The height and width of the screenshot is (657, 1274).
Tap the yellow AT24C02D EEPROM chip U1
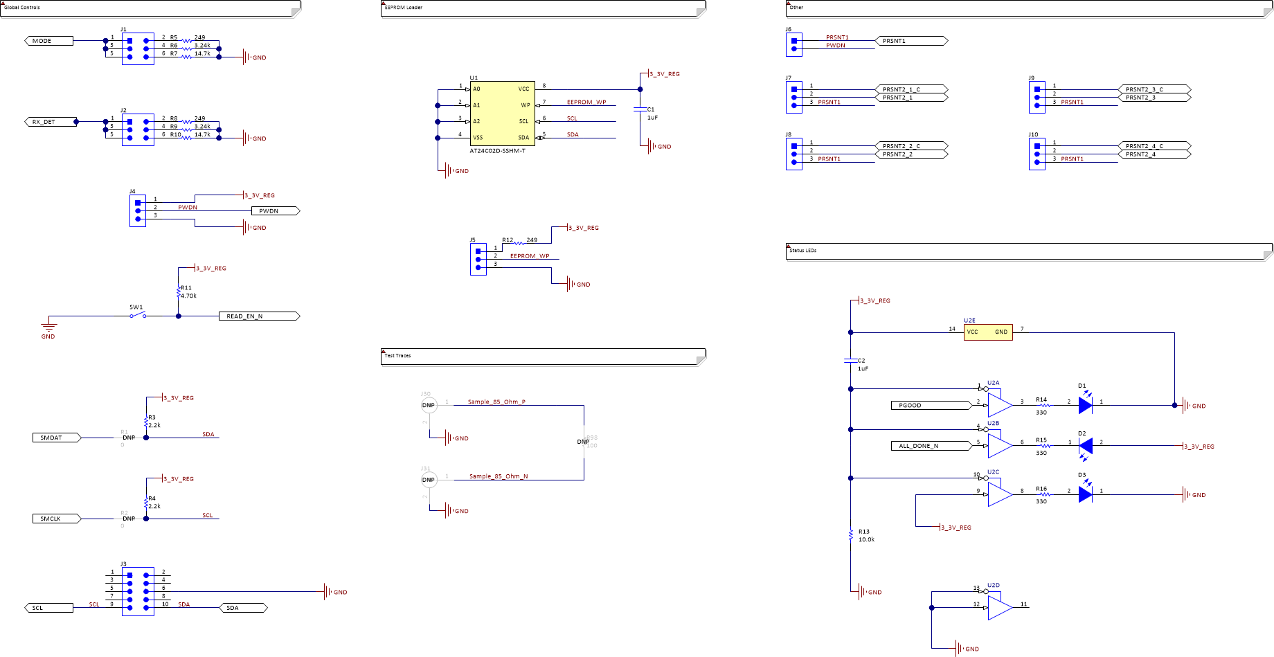(x=502, y=113)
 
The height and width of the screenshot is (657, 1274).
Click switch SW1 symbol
(x=138, y=316)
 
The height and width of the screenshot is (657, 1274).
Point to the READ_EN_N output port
(x=258, y=316)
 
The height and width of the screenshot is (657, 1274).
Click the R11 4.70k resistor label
(x=187, y=291)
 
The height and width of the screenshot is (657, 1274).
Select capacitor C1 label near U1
(x=651, y=113)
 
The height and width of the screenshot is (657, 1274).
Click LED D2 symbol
(x=1086, y=446)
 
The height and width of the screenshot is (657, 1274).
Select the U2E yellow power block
(x=987, y=332)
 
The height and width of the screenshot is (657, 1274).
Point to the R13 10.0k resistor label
(x=865, y=536)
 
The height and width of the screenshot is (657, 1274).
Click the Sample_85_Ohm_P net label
(x=496, y=402)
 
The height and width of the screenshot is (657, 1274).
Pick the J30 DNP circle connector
(x=429, y=405)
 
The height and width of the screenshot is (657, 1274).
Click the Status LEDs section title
(x=803, y=251)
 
